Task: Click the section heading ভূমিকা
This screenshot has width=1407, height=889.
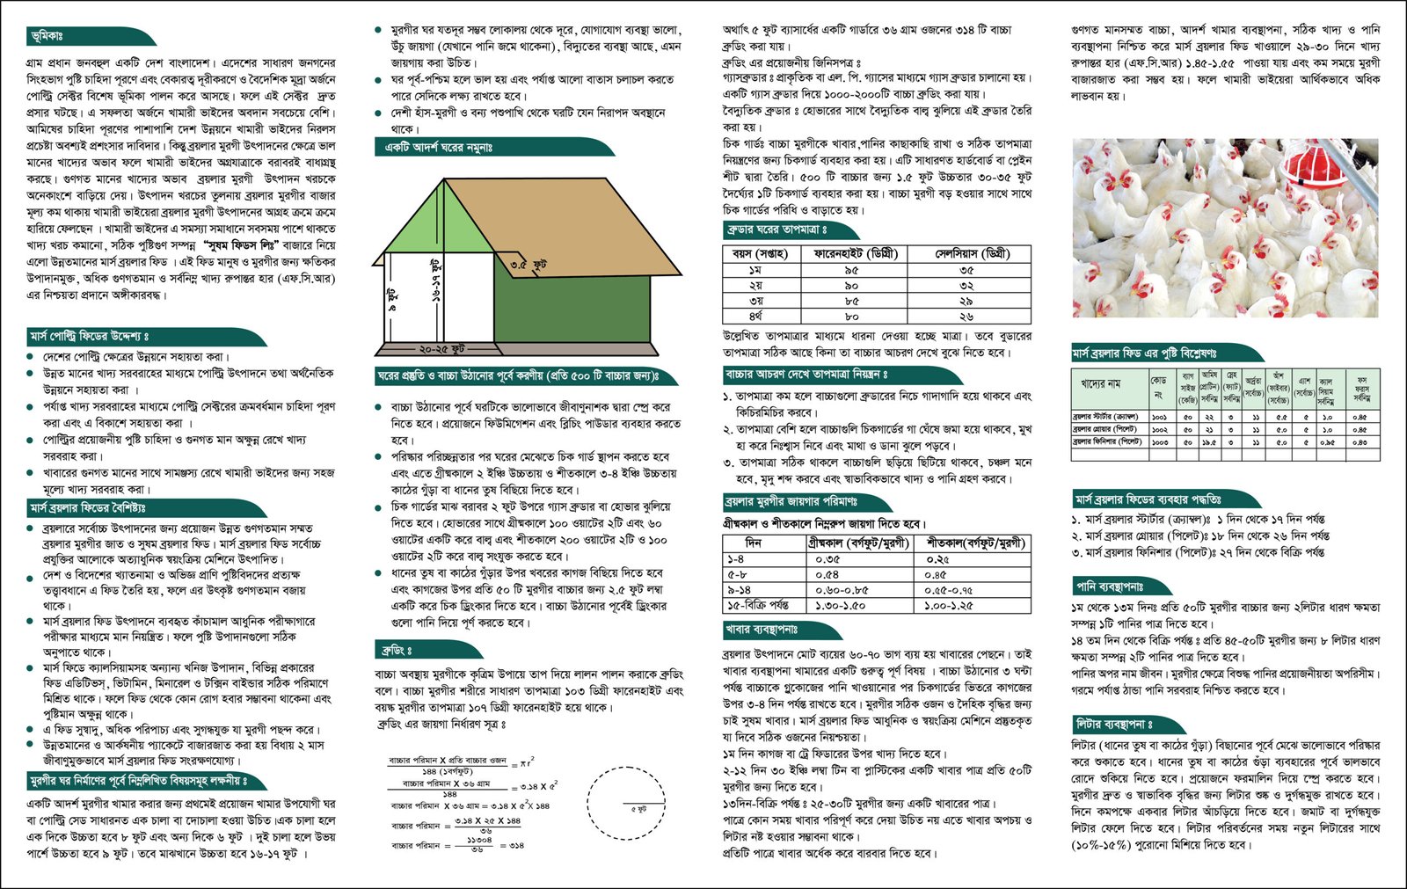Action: [x=47, y=36]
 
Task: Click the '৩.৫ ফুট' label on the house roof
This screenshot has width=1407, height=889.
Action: [x=529, y=264]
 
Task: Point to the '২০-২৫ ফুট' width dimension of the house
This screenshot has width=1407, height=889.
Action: [x=442, y=349]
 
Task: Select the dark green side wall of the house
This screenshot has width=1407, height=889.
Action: [x=572, y=309]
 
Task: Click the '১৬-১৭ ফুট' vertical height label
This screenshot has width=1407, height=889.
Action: [x=436, y=281]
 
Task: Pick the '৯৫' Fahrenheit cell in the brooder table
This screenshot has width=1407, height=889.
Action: [x=850, y=271]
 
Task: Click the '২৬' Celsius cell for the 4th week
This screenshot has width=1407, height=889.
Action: [x=966, y=317]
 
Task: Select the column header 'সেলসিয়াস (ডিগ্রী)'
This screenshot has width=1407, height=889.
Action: [x=971, y=253]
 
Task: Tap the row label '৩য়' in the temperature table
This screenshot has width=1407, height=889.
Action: [x=755, y=302]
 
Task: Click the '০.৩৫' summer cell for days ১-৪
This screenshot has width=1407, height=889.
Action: [x=827, y=559]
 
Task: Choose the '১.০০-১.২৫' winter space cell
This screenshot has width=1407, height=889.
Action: [x=949, y=606]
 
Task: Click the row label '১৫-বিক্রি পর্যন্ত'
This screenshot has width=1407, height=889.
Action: [x=757, y=606]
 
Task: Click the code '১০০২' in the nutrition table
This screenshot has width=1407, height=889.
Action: [x=1159, y=429]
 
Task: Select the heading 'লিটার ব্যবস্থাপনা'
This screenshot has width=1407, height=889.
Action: [x=1113, y=725]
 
